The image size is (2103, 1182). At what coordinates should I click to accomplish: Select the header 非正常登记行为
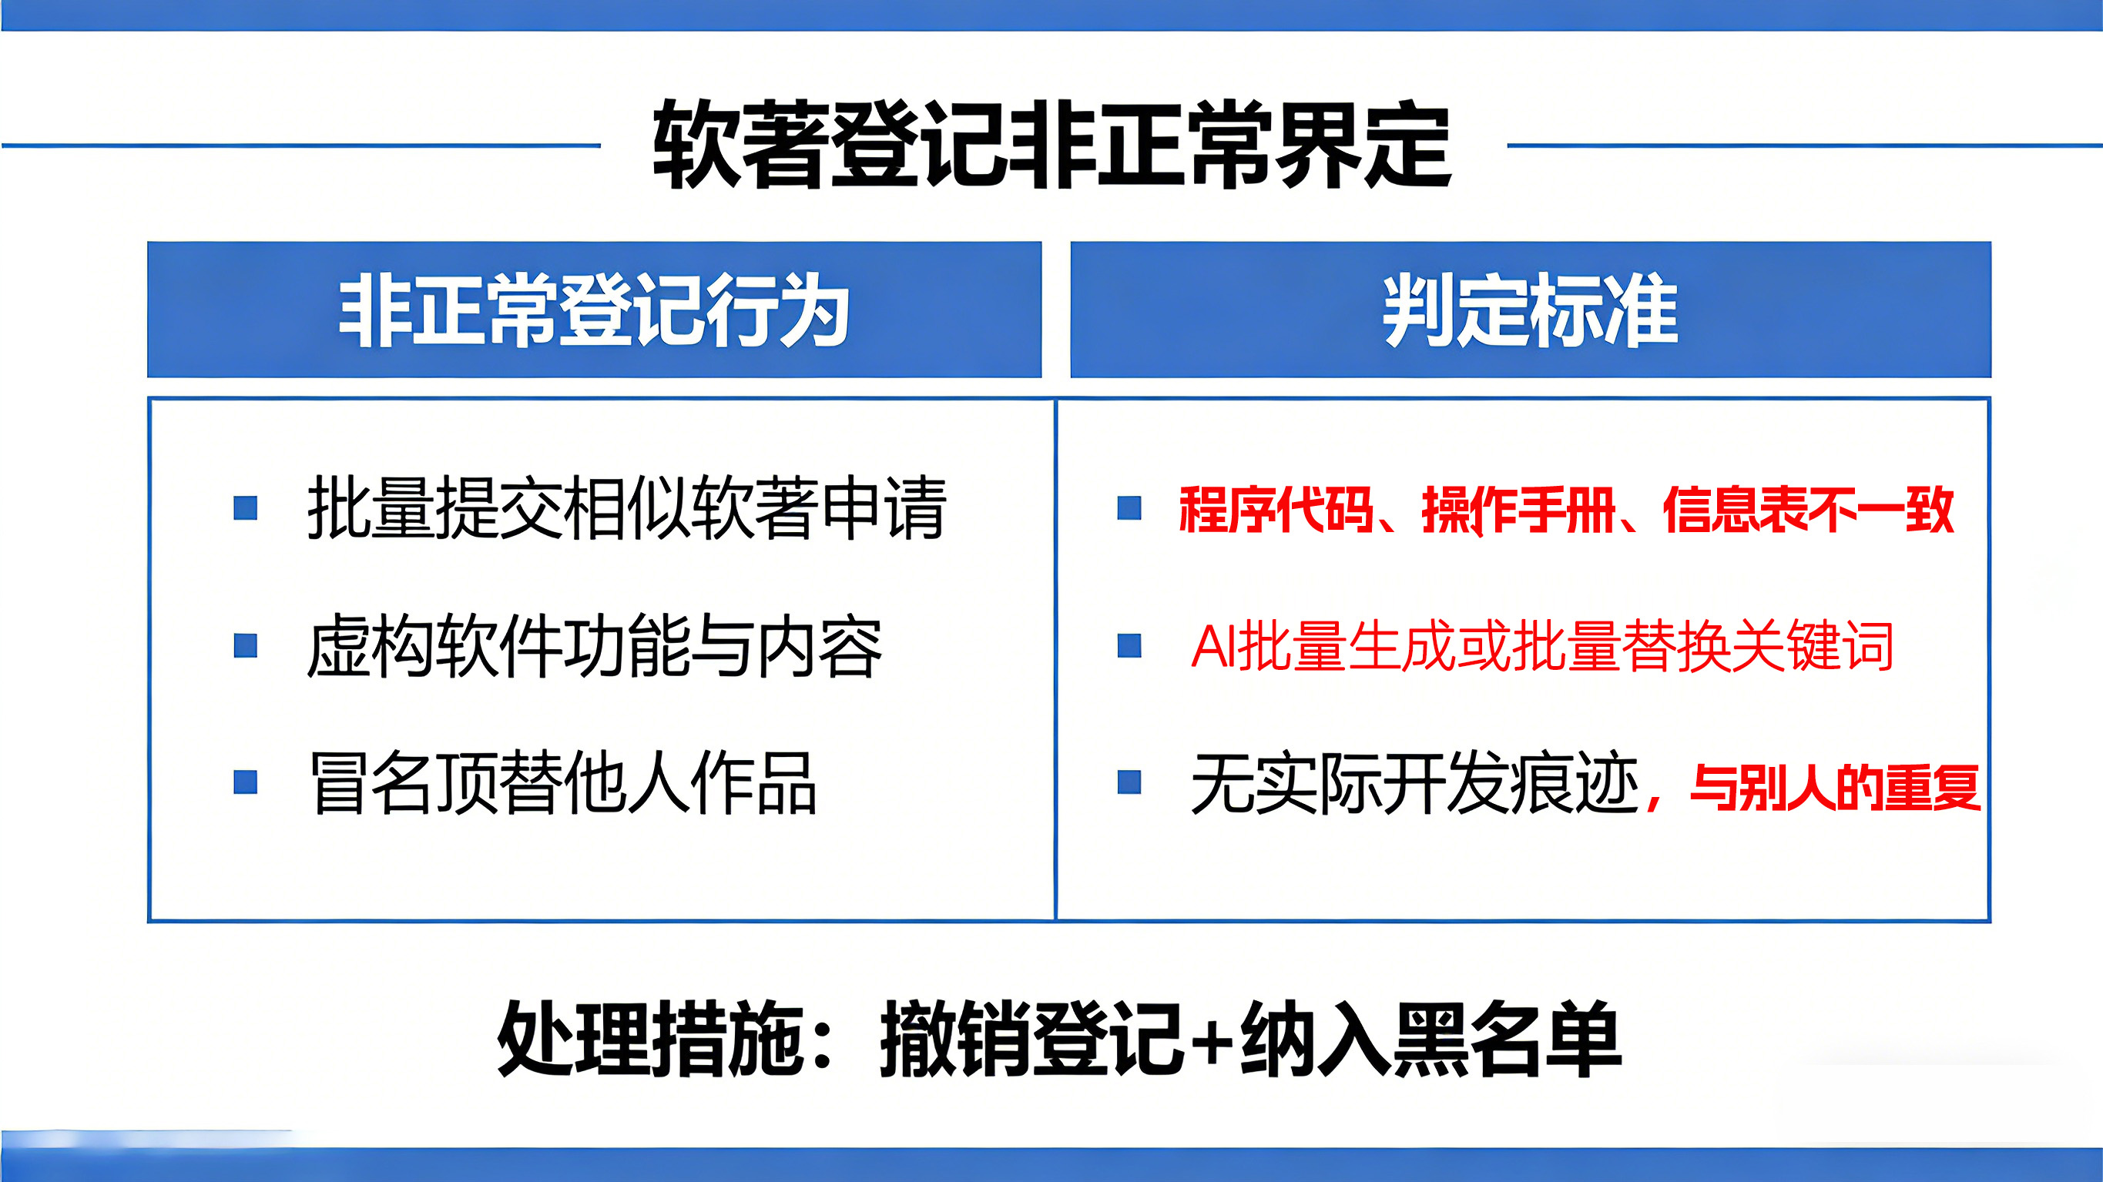click(595, 310)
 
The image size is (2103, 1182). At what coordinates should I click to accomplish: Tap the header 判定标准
click(1531, 310)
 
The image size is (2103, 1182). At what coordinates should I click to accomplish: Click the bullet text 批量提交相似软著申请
click(627, 507)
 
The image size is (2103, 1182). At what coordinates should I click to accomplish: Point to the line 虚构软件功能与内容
click(595, 646)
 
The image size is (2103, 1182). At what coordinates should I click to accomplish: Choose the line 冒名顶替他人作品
click(563, 783)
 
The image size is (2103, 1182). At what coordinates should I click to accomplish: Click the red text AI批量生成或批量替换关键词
click(1542, 646)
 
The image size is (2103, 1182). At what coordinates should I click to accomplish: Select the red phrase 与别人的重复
click(1835, 788)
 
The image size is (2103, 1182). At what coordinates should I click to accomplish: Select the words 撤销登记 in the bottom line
click(1032, 1037)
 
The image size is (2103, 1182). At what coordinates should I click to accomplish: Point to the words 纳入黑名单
click(1431, 1037)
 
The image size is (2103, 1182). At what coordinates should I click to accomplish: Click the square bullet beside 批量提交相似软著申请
click(246, 507)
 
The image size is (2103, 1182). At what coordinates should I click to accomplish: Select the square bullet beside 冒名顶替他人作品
click(246, 782)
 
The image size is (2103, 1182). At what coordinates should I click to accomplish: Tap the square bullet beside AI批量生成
click(1129, 646)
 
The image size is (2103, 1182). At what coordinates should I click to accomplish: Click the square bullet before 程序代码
click(1129, 507)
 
